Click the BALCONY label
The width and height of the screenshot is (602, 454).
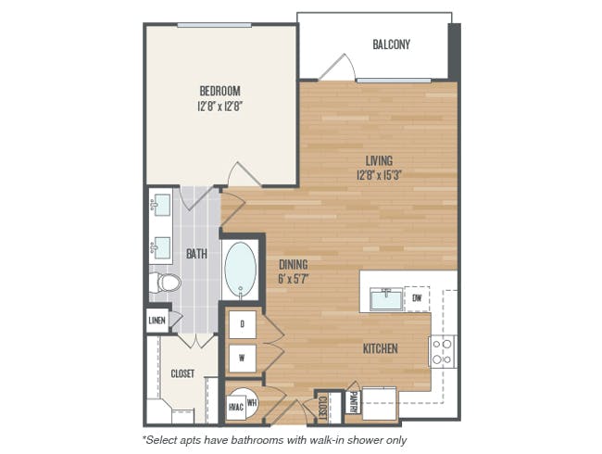tap(391, 44)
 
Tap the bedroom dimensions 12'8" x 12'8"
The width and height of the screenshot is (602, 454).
tap(219, 106)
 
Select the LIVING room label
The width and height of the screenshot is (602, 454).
tap(379, 160)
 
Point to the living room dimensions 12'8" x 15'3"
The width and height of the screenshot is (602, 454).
tap(379, 175)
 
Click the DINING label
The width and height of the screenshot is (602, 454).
tap(294, 264)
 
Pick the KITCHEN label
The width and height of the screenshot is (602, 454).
tap(381, 348)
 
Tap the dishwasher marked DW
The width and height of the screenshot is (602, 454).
tap(417, 298)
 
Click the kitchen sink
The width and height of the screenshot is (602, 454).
tap(386, 299)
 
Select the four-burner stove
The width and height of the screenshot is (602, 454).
tap(443, 351)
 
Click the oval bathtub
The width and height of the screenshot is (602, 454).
tap(241, 270)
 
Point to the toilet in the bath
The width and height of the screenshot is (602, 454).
tap(165, 283)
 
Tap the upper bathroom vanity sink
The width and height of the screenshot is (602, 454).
tap(160, 205)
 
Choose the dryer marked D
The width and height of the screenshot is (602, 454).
tap(243, 324)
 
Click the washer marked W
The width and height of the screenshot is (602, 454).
tap(243, 359)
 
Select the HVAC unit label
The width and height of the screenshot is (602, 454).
tap(236, 407)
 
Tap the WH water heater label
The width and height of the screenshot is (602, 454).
tap(252, 403)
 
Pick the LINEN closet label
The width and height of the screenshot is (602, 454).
tap(157, 321)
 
